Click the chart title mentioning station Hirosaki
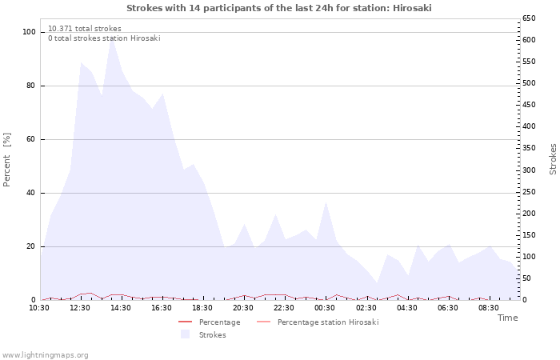tap(279, 8)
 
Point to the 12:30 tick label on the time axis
tap(80, 308)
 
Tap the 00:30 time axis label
tap(325, 308)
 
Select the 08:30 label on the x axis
tap(489, 308)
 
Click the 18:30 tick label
tap(202, 308)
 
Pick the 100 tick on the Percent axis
tap(29, 32)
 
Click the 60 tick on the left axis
tap(30, 139)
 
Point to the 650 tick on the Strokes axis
tap(529, 18)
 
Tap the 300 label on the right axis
tap(529, 170)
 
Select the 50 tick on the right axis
tap(526, 278)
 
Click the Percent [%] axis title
tap(6, 160)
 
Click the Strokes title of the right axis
tap(553, 159)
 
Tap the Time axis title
tap(507, 318)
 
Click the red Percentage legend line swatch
tap(186, 322)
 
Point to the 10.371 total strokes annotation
tap(85, 29)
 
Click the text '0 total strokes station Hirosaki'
tap(104, 38)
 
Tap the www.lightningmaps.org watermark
tap(45, 355)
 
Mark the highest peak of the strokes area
tap(112, 37)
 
